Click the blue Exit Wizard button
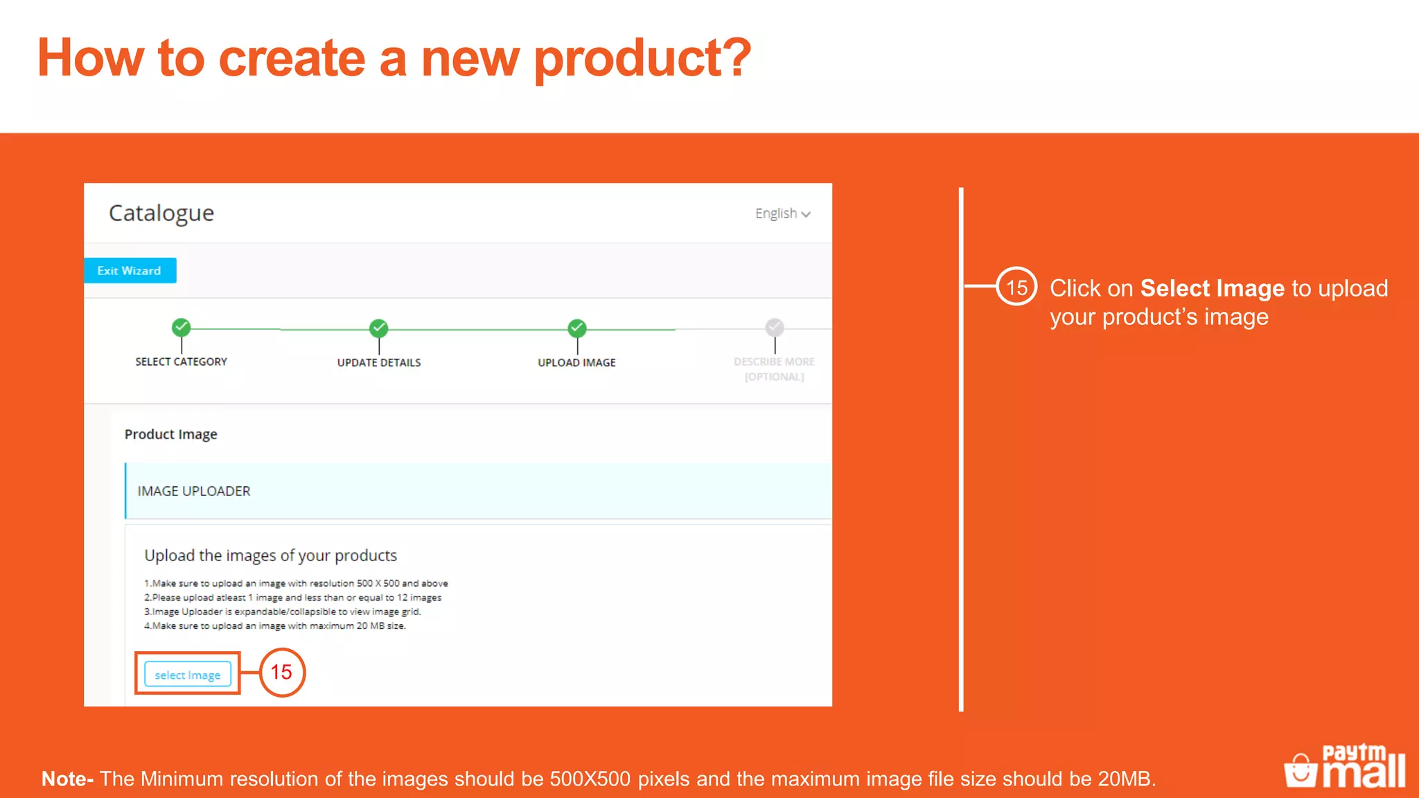130,271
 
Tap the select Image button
187,675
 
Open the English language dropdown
782,214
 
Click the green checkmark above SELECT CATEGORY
182,327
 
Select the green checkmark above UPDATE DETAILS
379,328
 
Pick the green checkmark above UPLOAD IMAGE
577,328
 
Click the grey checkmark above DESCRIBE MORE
775,327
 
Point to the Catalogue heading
161,213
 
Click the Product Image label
170,434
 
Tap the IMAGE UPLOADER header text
194,491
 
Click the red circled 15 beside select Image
282,672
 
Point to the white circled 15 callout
1016,287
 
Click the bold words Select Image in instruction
1212,288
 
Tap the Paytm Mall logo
1345,766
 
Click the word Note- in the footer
67,779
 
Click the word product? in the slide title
642,58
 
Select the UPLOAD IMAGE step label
576,363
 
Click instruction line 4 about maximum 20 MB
275,626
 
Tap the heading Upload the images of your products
270,556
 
